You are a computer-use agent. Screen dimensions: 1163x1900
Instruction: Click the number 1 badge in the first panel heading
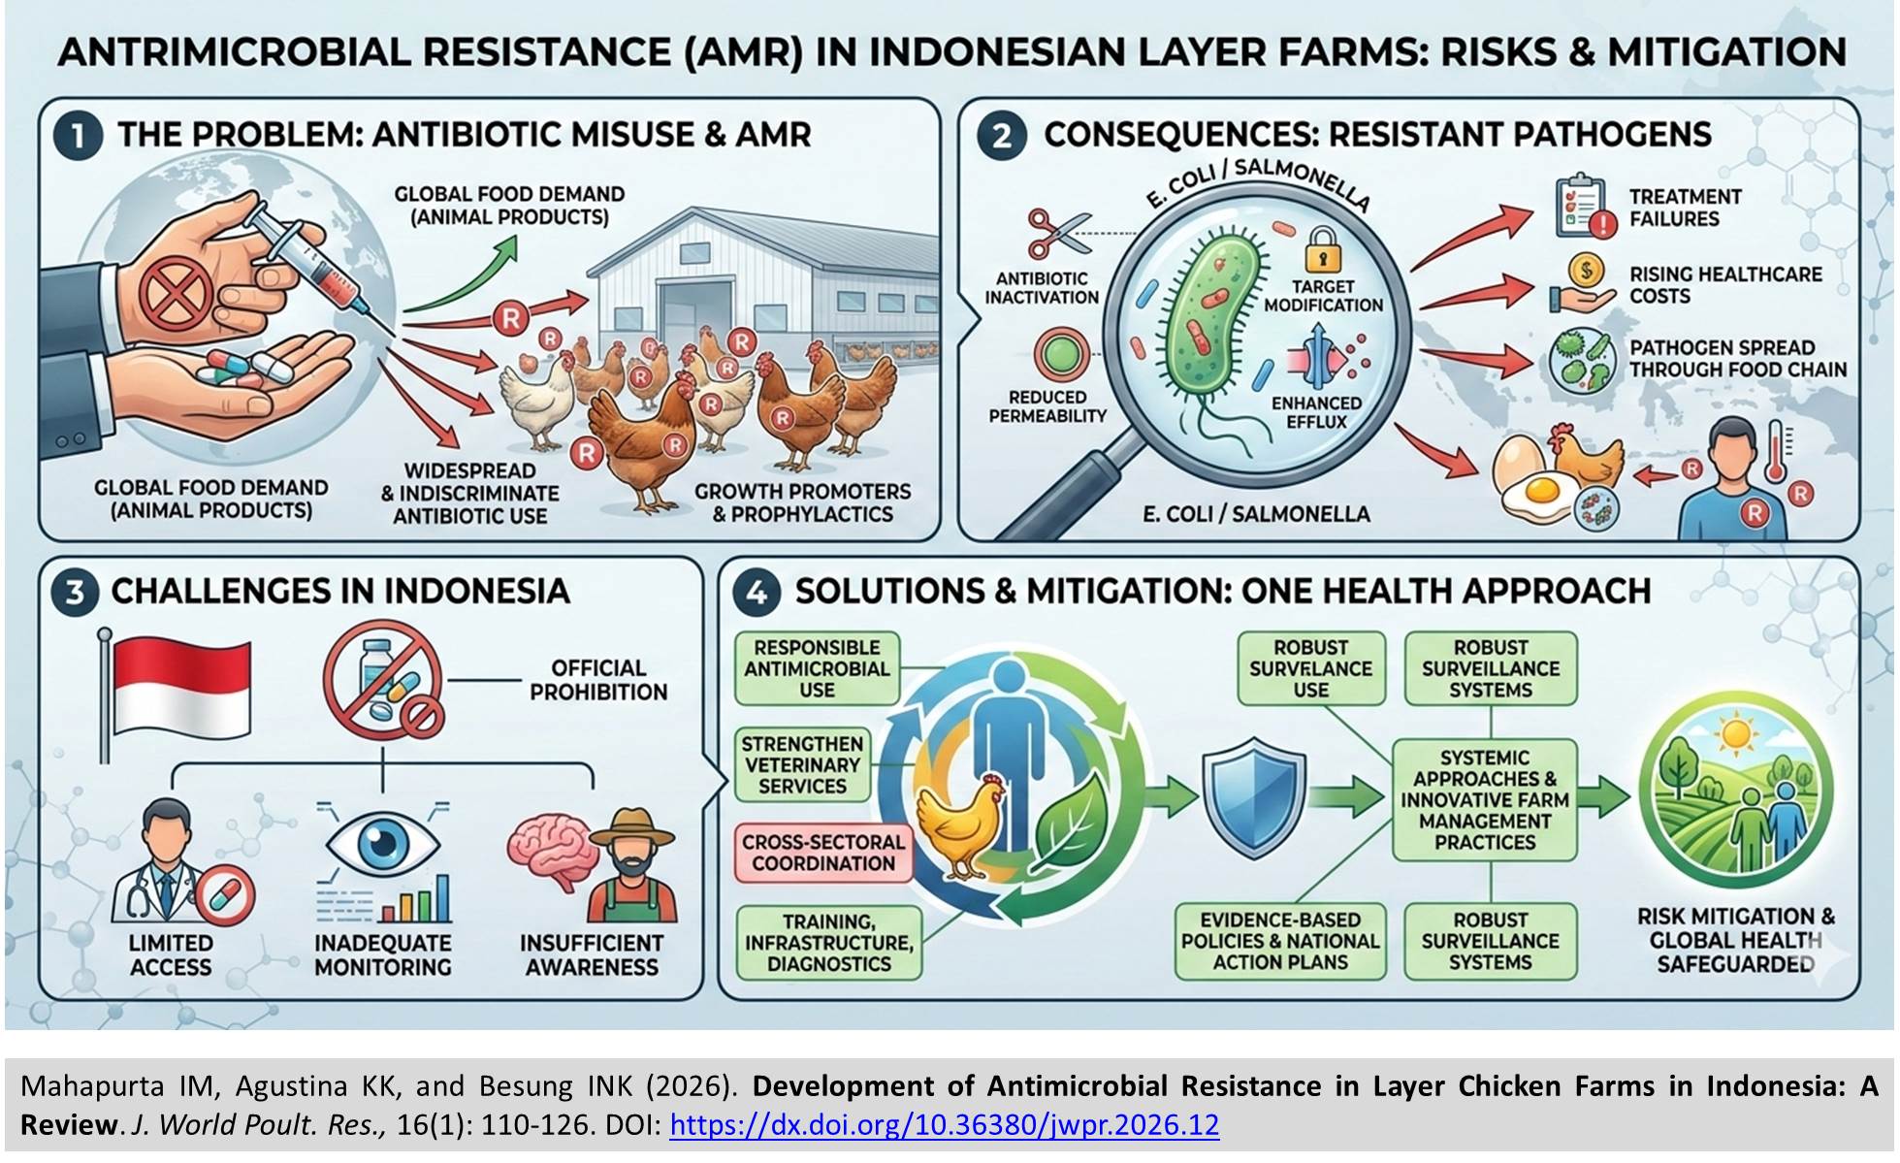[x=78, y=136]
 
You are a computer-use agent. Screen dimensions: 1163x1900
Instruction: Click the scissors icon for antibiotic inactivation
[x=1055, y=233]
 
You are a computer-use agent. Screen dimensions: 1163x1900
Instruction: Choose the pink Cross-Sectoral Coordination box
[x=823, y=853]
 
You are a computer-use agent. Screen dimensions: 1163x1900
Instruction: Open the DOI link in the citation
[x=944, y=1125]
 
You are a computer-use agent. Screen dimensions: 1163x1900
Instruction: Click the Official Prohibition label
[x=598, y=680]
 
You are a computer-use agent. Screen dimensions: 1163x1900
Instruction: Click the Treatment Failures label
[x=1685, y=208]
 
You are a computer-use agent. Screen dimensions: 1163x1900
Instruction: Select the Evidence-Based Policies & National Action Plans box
[x=1280, y=941]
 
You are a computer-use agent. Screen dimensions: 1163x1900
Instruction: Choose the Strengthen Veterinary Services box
[x=802, y=765]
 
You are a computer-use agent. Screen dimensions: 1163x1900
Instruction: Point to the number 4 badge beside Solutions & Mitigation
[x=756, y=592]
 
